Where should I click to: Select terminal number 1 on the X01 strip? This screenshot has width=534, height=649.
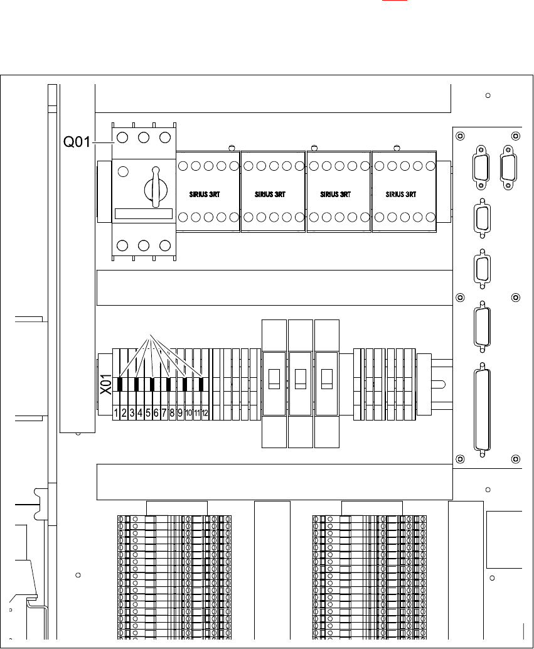click(116, 413)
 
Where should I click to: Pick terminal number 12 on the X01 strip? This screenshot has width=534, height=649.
click(205, 413)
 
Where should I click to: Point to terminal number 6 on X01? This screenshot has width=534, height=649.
click(156, 413)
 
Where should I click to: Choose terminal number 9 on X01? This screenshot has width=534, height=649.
click(180, 413)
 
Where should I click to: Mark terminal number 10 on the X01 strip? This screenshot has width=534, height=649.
click(188, 413)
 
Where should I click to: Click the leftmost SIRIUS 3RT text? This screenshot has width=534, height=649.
click(208, 195)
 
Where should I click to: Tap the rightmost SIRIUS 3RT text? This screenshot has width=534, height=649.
click(403, 195)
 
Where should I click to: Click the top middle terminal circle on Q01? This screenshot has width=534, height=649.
click(144, 137)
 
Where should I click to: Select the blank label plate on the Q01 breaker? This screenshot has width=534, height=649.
click(144, 214)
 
